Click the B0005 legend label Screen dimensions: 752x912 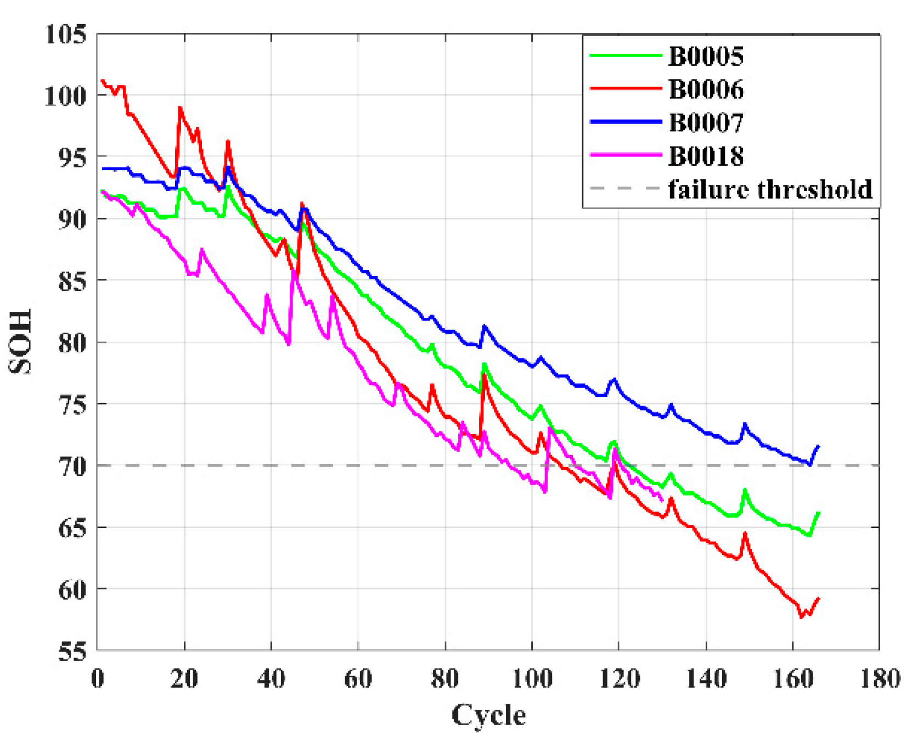(706, 56)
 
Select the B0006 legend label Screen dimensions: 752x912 (706, 89)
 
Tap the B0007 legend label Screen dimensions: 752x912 (706, 122)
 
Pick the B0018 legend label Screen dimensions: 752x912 (706, 156)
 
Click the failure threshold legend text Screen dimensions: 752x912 (770, 189)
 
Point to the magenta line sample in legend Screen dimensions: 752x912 (626, 155)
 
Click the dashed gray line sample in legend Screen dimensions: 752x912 (626, 188)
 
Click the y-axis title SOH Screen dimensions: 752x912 (20, 341)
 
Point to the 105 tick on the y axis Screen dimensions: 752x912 (66, 34)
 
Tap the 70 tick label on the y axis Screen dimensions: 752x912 (72, 466)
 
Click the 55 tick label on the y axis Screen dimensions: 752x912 (72, 651)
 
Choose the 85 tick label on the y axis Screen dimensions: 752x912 (72, 281)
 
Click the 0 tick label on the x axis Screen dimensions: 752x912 (97, 679)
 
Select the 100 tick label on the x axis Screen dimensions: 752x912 (532, 679)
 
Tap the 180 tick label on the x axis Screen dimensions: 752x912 (880, 679)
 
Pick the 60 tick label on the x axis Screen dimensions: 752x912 (358, 679)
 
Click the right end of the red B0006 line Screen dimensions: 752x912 (819, 598)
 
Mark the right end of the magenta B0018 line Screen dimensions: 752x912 (662, 501)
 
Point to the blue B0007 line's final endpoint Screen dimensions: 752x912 (819, 446)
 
